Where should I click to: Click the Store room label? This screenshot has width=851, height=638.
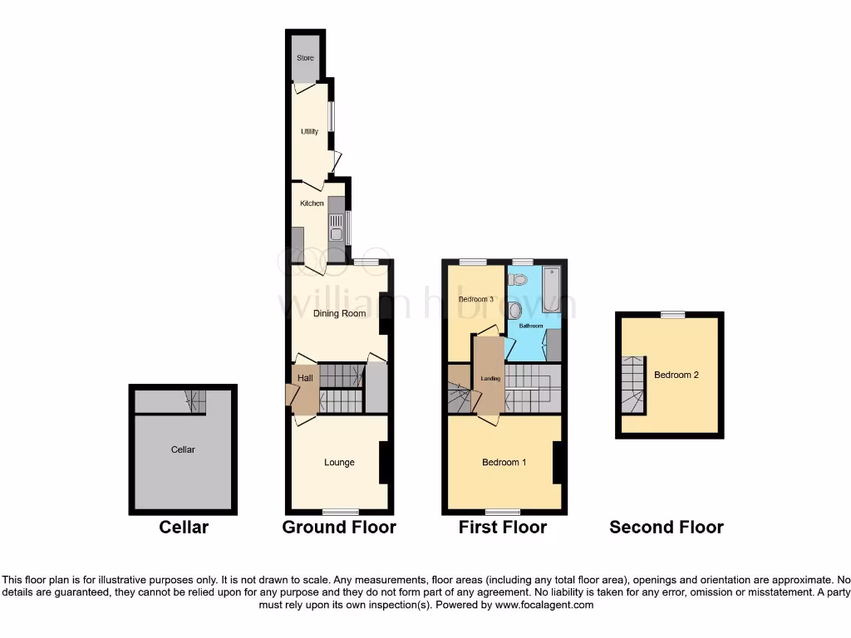pos(305,58)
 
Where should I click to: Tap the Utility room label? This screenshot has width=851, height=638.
pos(309,131)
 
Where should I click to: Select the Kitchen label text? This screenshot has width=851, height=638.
pos(312,204)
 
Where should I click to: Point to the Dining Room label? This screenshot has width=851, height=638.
pos(339,314)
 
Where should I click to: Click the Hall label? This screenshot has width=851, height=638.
pos(305,378)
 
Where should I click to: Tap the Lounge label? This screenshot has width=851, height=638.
pos(339,463)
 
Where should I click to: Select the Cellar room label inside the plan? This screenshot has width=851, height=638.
pos(183,449)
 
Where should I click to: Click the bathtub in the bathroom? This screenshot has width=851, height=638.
pos(553,291)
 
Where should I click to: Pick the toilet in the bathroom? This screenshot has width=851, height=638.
pos(515,311)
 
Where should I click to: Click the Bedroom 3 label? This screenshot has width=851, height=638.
pos(476,299)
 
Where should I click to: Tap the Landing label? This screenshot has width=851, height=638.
pos(490,379)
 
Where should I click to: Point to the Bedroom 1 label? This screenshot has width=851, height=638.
pos(504,463)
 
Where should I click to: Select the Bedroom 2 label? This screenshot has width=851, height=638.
pos(676,375)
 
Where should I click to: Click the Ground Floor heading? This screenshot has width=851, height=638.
pos(339,527)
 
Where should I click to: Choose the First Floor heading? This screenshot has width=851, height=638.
pos(503,527)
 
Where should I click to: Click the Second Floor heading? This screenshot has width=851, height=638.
pos(667,527)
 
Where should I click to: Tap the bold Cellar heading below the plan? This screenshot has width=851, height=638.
pos(184,527)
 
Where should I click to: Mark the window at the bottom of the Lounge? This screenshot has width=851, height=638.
pos(340,511)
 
